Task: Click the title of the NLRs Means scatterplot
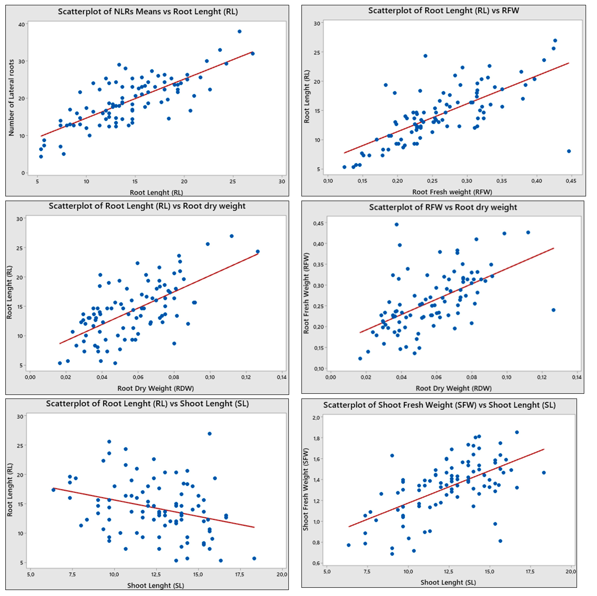pyautogui.click(x=148, y=12)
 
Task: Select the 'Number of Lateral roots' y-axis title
pyautogui.click(x=11, y=98)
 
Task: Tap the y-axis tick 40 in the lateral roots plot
pyautogui.click(x=21, y=24)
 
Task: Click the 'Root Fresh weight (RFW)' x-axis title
pyautogui.click(x=452, y=192)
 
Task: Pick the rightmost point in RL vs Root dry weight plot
pyautogui.click(x=258, y=252)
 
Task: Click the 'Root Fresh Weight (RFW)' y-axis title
pyautogui.click(x=306, y=293)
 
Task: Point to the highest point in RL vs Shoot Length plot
pyautogui.click(x=210, y=433)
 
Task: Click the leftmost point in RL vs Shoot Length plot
pyautogui.click(x=54, y=490)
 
